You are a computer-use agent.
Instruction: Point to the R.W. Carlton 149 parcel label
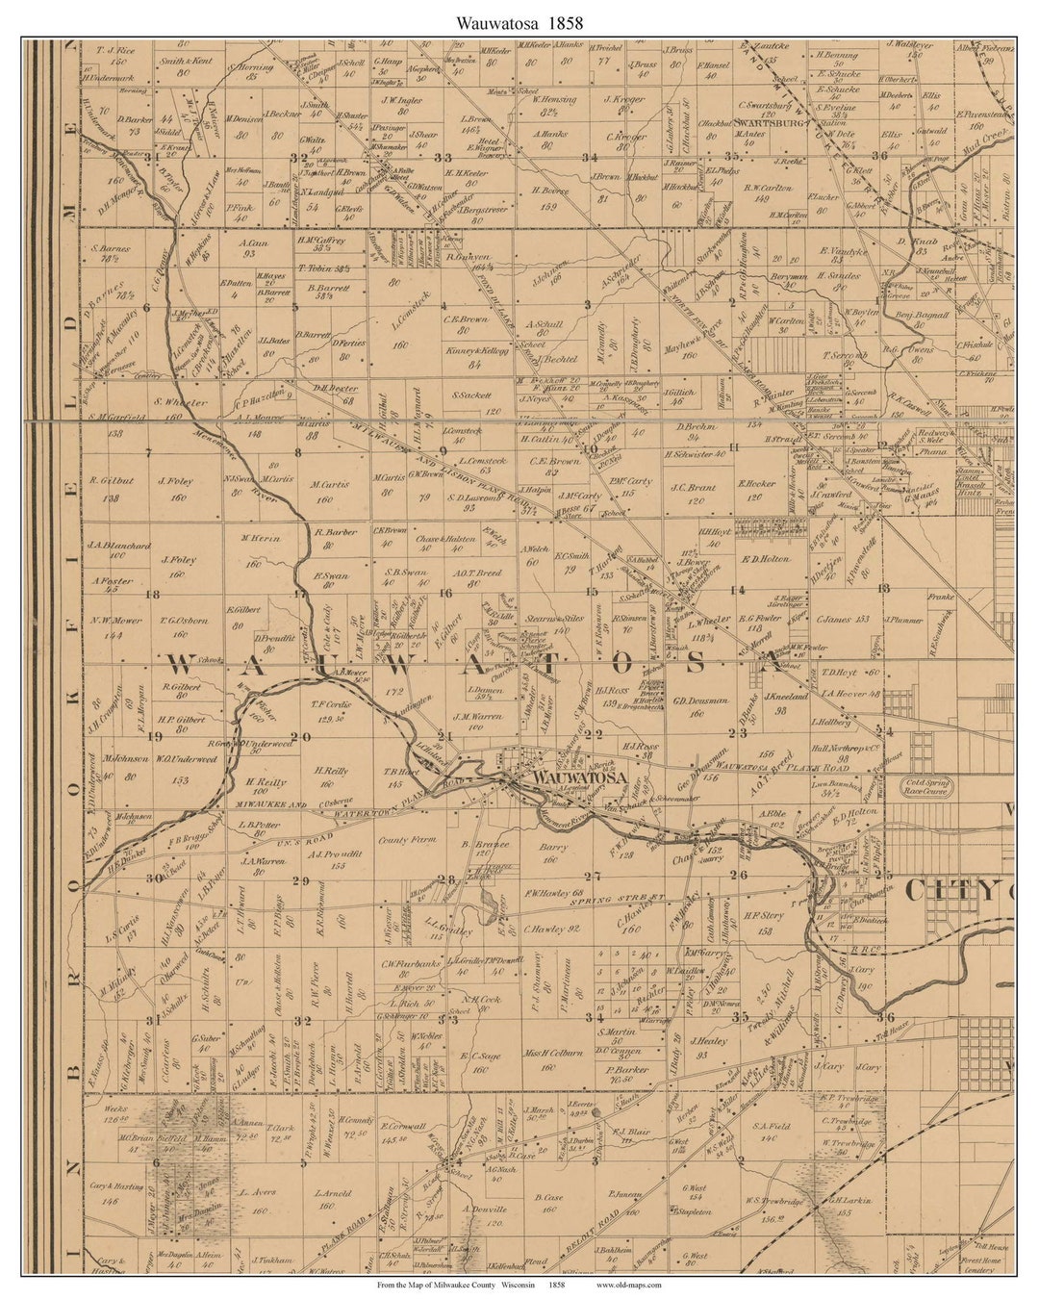click(x=770, y=189)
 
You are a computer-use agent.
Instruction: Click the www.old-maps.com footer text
click(x=628, y=1284)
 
